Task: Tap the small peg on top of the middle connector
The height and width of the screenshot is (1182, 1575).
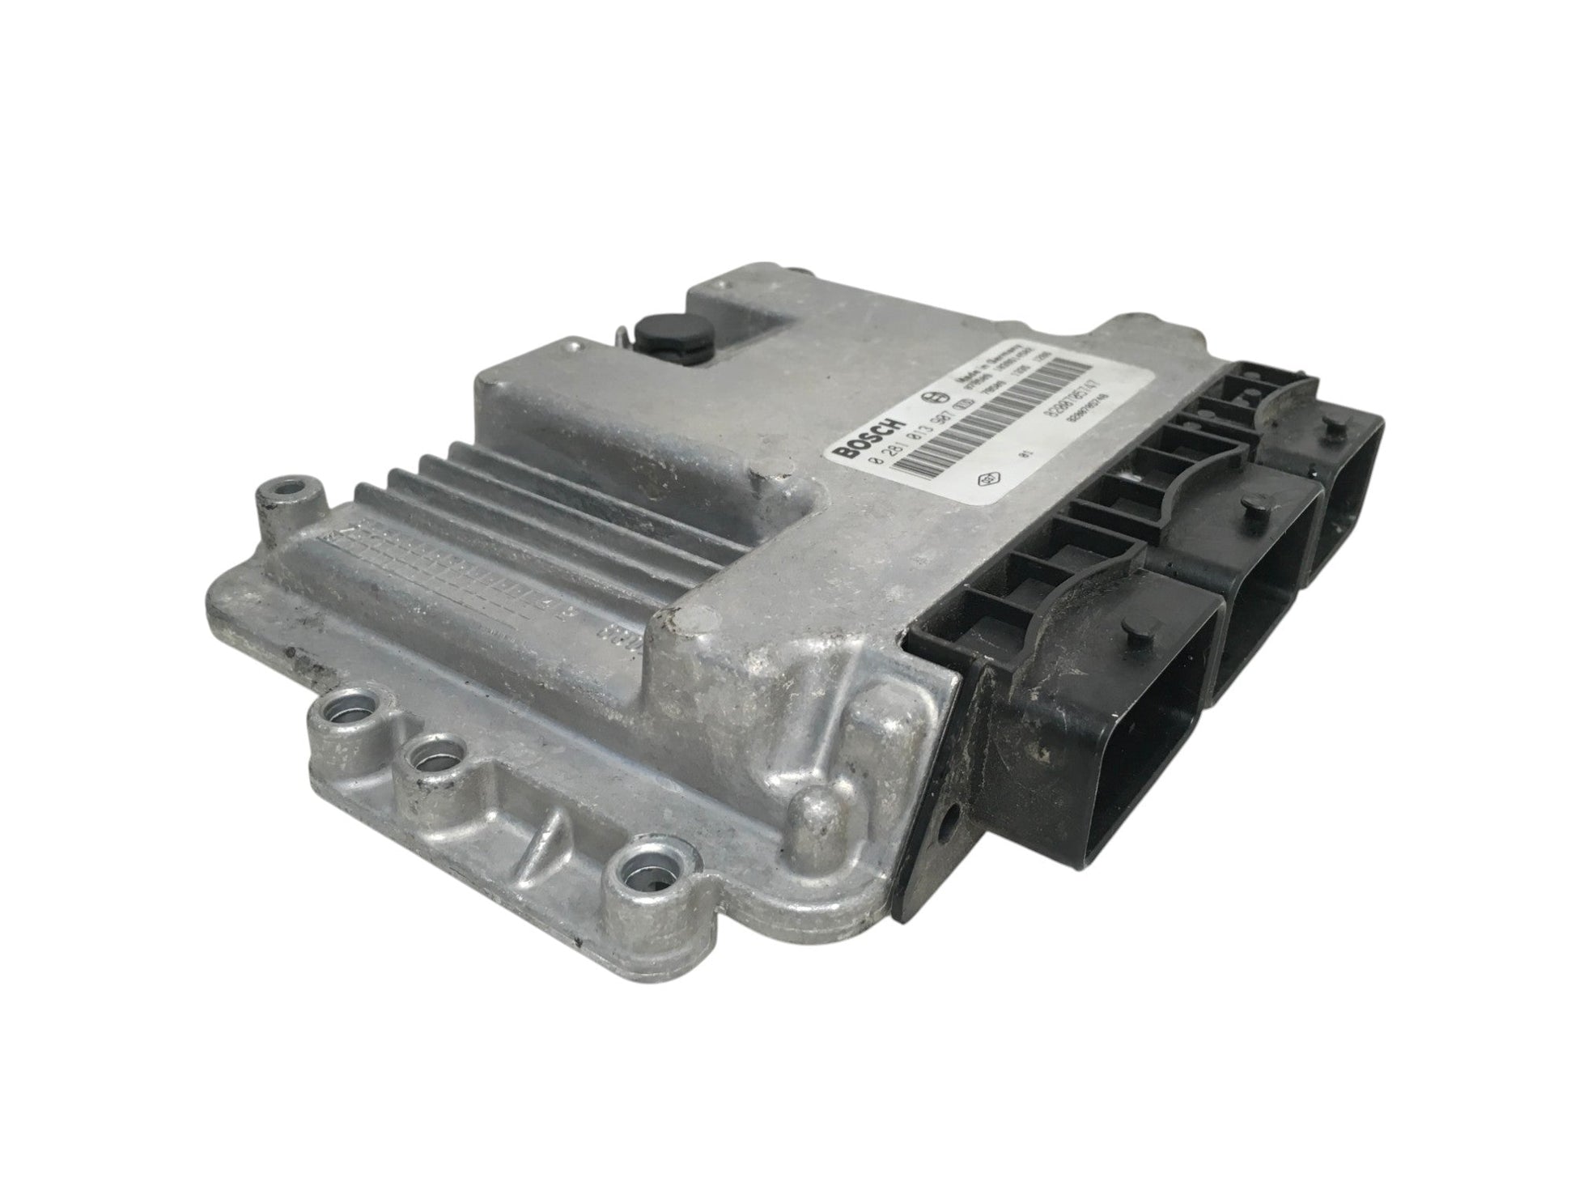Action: point(1251,509)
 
